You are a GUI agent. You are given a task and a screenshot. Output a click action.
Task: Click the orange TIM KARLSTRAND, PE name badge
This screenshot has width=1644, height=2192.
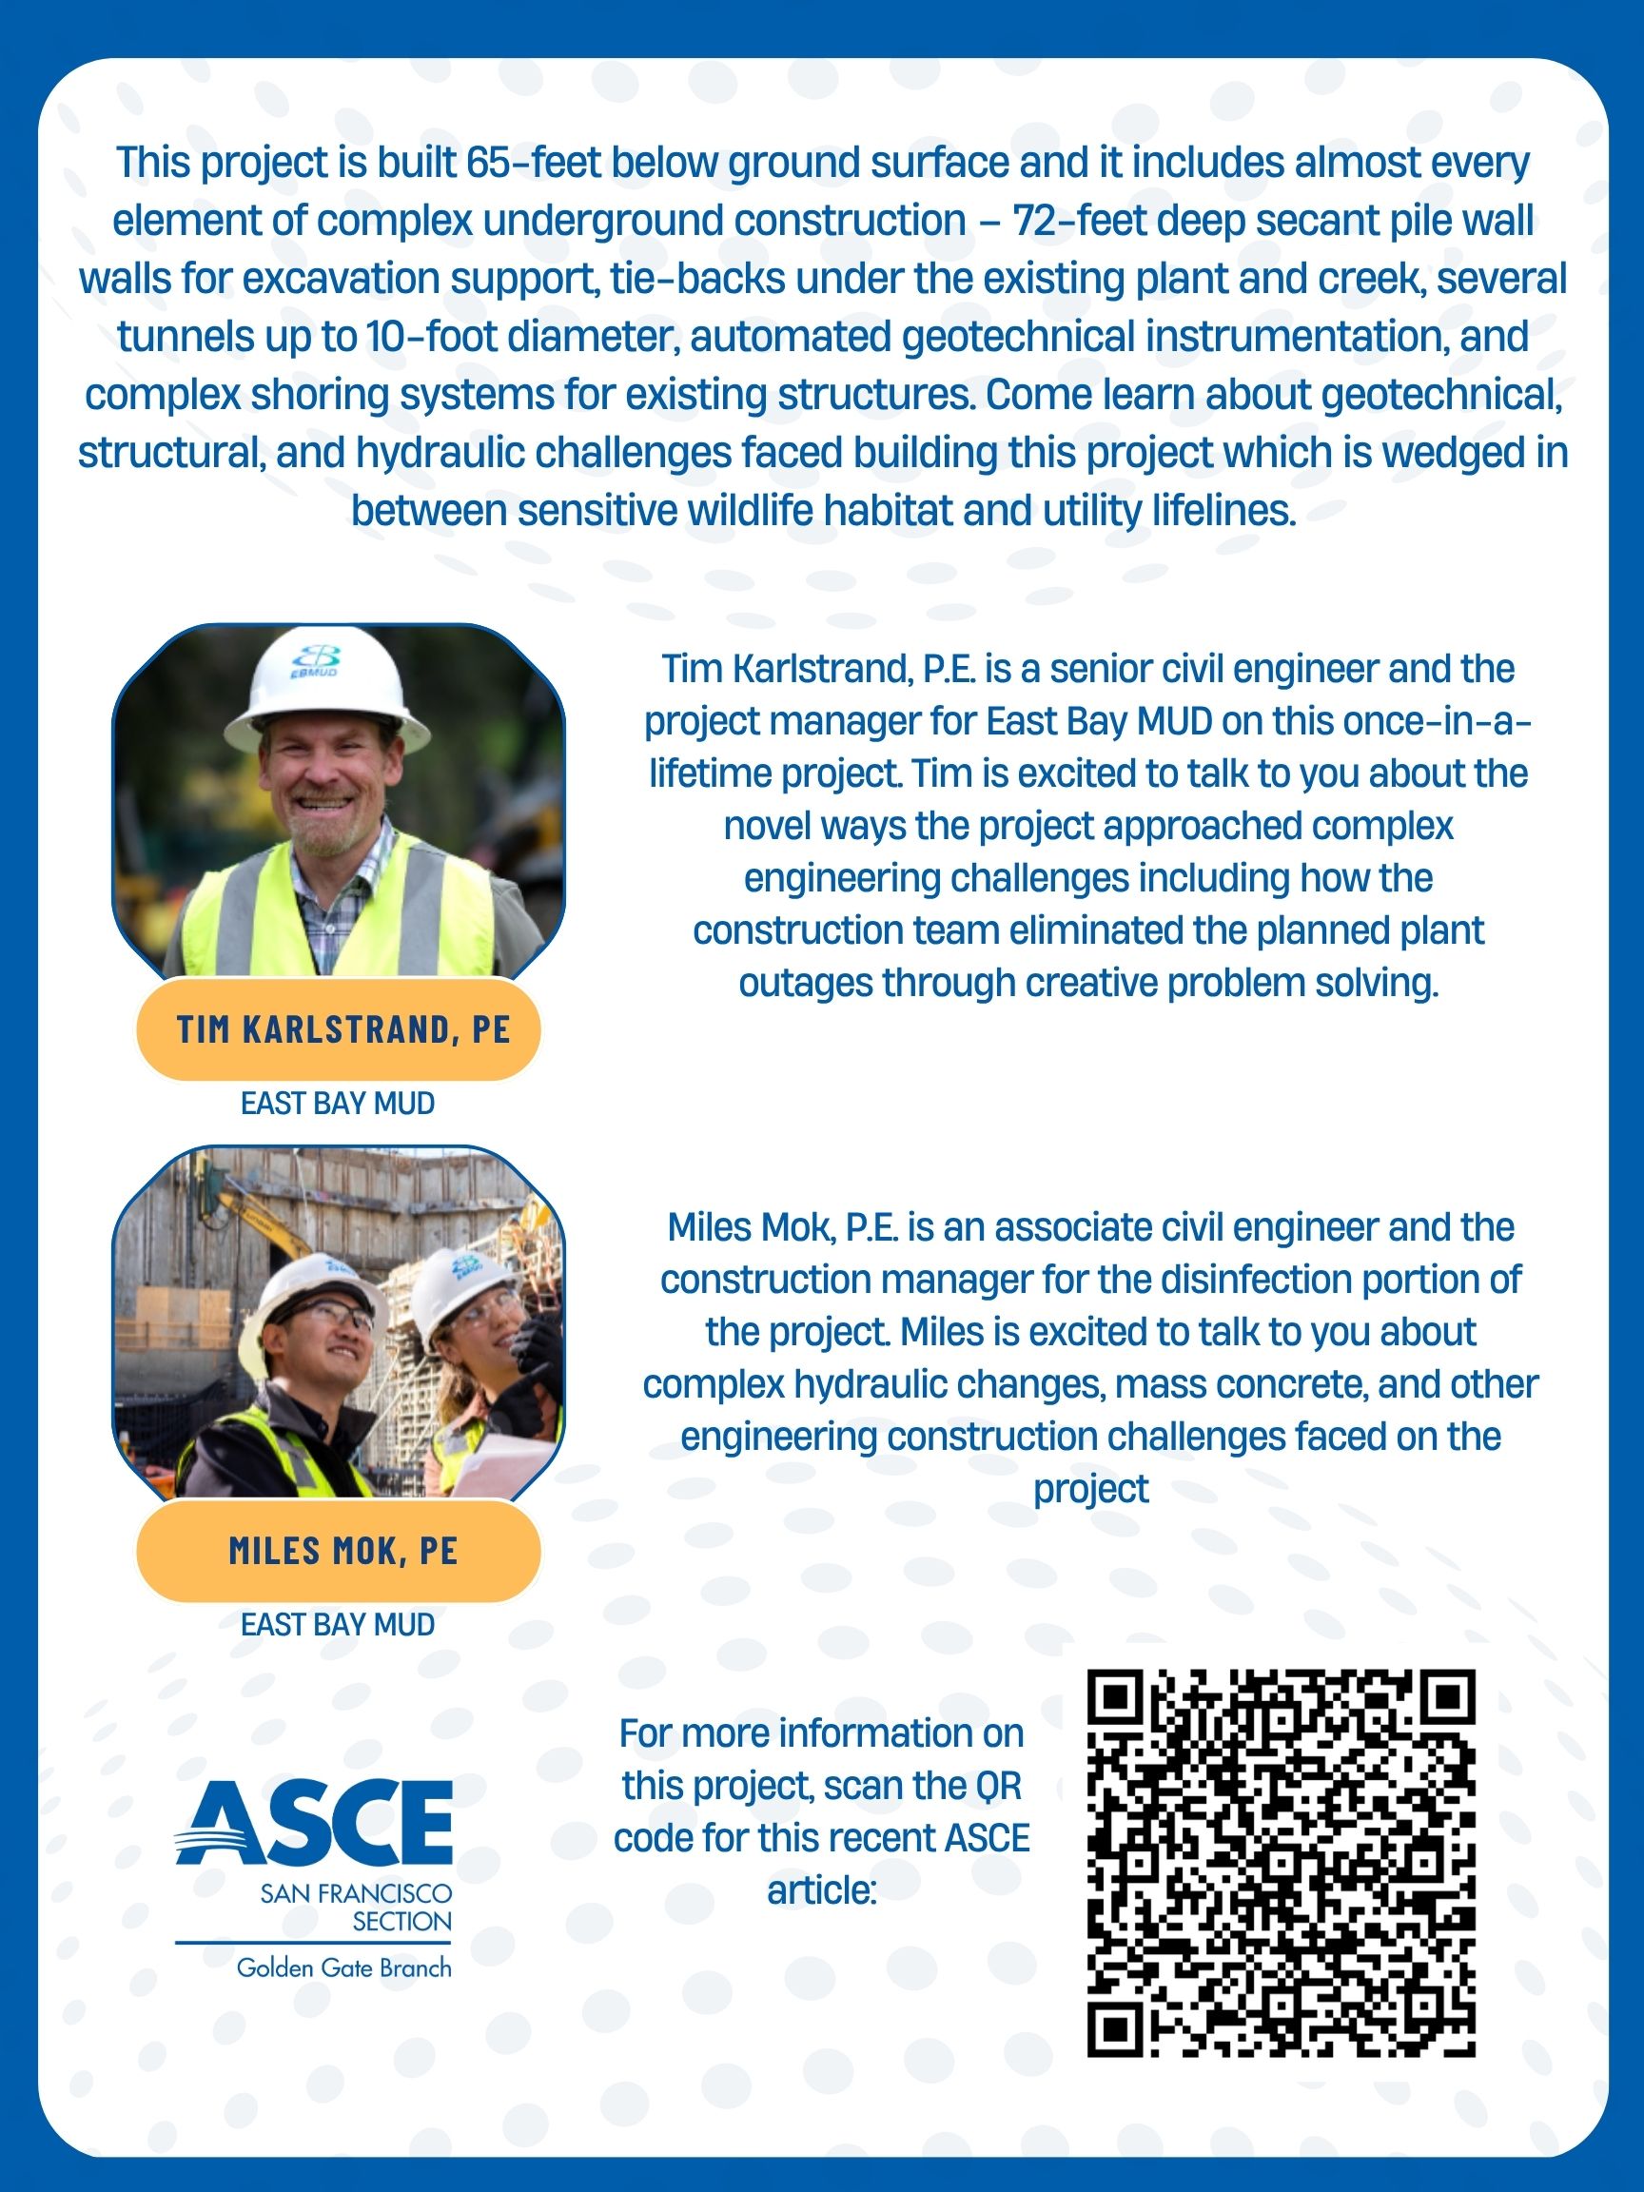pyautogui.click(x=339, y=1029)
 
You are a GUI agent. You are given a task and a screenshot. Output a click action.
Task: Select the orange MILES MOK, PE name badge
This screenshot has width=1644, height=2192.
pyautogui.click(x=339, y=1551)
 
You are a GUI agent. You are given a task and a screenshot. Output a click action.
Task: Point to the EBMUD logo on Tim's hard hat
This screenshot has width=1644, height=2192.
pyautogui.click(x=315, y=661)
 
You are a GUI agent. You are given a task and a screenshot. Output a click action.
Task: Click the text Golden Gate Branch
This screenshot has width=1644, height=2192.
pyautogui.click(x=342, y=1968)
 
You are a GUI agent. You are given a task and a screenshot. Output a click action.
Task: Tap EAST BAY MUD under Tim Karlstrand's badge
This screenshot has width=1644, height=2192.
pyautogui.click(x=338, y=1103)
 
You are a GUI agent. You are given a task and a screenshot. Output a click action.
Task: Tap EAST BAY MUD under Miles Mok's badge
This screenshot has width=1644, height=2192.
pyautogui.click(x=338, y=1624)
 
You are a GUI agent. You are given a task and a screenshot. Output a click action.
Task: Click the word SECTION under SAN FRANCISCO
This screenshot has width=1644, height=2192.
pyautogui.click(x=401, y=1922)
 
